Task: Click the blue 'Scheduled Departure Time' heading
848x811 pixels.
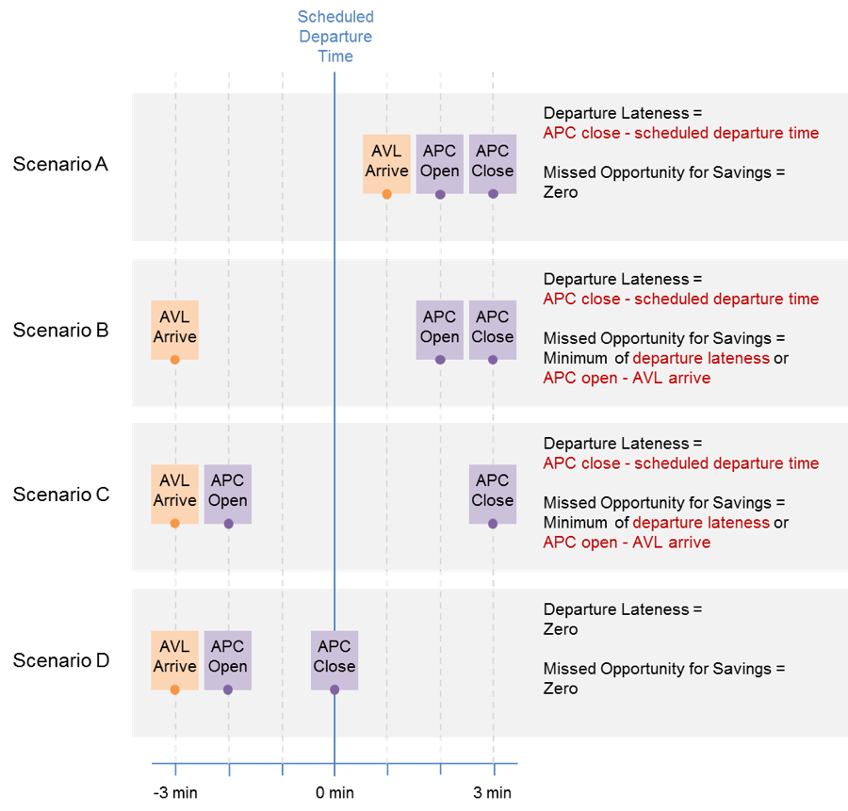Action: [335, 36]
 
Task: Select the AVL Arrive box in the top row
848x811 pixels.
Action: [386, 161]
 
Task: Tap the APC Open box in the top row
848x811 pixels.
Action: [440, 161]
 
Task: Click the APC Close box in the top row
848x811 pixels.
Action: [493, 161]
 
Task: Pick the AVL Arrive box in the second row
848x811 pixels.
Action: [174, 327]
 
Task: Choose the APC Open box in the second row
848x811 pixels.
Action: [440, 327]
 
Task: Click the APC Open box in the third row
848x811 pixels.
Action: [228, 491]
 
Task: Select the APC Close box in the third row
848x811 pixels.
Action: [493, 491]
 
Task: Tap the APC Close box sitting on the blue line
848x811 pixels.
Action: [334, 657]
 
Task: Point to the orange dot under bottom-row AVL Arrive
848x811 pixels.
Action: [174, 689]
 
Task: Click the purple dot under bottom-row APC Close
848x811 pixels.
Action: [334, 689]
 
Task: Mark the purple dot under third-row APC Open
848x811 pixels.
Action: [228, 524]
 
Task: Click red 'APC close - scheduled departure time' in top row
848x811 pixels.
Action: [680, 133]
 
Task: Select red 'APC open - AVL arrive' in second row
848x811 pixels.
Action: [627, 378]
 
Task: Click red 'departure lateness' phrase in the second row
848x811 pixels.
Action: [701, 358]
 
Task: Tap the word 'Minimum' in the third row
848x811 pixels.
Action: [576, 523]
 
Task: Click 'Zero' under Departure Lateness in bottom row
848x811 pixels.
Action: [561, 629]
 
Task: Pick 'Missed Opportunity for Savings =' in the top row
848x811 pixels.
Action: [663, 172]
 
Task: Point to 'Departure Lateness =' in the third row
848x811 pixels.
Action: [622, 443]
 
